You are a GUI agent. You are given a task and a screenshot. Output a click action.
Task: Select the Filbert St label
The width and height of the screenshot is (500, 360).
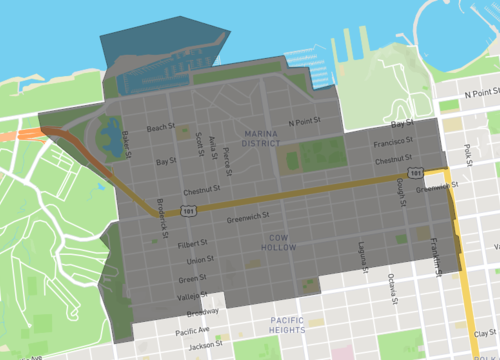(191, 242)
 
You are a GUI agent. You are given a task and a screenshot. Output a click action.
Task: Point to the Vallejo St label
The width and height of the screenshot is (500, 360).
(191, 297)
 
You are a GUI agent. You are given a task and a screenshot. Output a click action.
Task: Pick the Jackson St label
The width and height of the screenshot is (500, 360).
(205, 346)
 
